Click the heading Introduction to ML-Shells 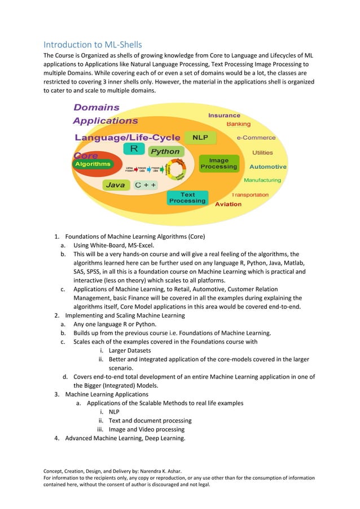[x=93, y=44]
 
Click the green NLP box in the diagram [x=200, y=137]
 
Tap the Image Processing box [x=219, y=164]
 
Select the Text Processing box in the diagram [x=187, y=198]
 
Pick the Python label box [x=165, y=151]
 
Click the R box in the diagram [x=134, y=148]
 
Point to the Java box [x=116, y=185]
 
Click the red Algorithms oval [x=93, y=164]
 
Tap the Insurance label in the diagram [x=224, y=115]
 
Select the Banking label [x=239, y=124]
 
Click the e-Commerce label [x=256, y=137]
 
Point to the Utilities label [x=262, y=152]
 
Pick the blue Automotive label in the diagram [x=267, y=166]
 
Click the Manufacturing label [x=262, y=180]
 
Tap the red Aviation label [x=229, y=204]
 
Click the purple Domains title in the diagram [x=96, y=107]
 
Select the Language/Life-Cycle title [x=128, y=137]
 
